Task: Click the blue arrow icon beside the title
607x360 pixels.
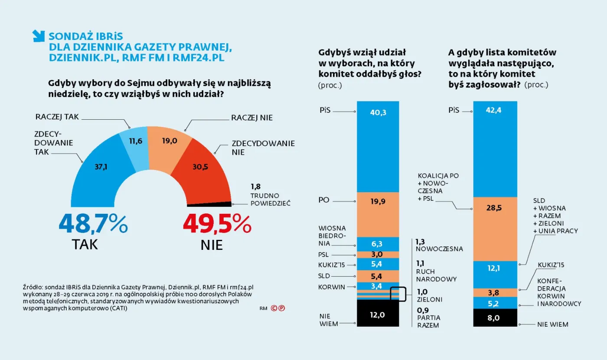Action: (x=39, y=36)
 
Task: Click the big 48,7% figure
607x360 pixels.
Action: (x=93, y=225)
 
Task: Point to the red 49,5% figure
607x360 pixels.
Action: (x=217, y=225)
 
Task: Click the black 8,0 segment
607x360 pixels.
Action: (x=494, y=317)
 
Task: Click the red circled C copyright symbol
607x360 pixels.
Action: (x=274, y=308)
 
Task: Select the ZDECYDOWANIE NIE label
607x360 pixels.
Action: (x=263, y=147)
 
